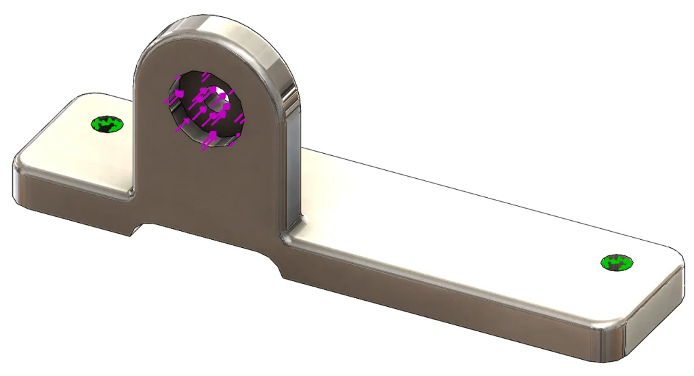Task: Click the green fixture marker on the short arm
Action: click(x=108, y=124)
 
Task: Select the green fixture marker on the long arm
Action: click(x=617, y=262)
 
